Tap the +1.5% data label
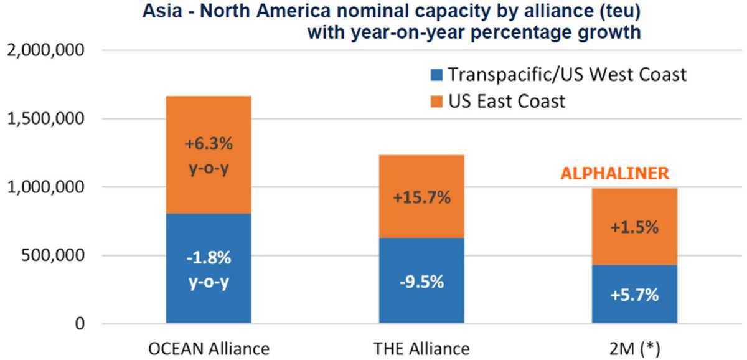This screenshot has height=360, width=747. (x=635, y=228)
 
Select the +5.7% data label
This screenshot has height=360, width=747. (x=635, y=295)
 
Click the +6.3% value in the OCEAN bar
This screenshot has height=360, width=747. (x=208, y=144)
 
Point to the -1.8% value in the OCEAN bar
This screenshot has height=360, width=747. (x=208, y=257)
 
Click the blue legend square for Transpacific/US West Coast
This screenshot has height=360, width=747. (x=437, y=76)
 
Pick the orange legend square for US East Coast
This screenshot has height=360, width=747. (x=437, y=101)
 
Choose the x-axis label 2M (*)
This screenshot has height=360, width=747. (x=635, y=348)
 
